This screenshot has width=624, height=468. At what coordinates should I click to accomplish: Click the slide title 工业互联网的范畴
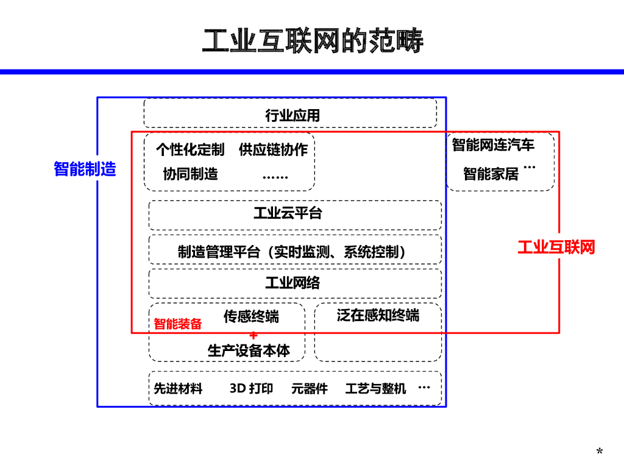[x=312, y=41]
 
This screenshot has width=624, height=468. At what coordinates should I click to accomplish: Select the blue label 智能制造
[x=85, y=169]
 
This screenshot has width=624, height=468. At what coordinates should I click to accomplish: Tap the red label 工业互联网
[x=556, y=247]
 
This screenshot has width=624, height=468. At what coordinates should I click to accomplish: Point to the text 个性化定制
[x=190, y=149]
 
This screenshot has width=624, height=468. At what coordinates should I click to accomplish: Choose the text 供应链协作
[x=273, y=149]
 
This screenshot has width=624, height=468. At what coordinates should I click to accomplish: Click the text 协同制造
[x=190, y=174]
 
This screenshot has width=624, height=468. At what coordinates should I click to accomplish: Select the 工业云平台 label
[x=288, y=213]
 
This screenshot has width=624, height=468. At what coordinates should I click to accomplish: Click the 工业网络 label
[x=292, y=283]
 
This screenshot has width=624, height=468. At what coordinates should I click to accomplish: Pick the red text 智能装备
[x=177, y=324]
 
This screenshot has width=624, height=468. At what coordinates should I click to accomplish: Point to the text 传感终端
[x=251, y=316]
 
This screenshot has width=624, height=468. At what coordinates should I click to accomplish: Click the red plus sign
[x=253, y=335]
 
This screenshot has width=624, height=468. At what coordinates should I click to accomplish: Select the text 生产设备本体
[x=249, y=350]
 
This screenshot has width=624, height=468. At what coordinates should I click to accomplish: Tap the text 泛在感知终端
[x=378, y=315]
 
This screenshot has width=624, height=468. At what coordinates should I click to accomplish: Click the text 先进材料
[x=178, y=388]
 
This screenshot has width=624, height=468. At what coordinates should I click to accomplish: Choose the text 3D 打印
[x=251, y=388]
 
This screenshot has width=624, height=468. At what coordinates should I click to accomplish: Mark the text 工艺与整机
[x=375, y=388]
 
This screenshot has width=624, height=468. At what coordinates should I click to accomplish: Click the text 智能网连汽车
[x=493, y=145]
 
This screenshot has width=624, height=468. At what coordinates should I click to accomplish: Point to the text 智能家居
[x=491, y=174]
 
